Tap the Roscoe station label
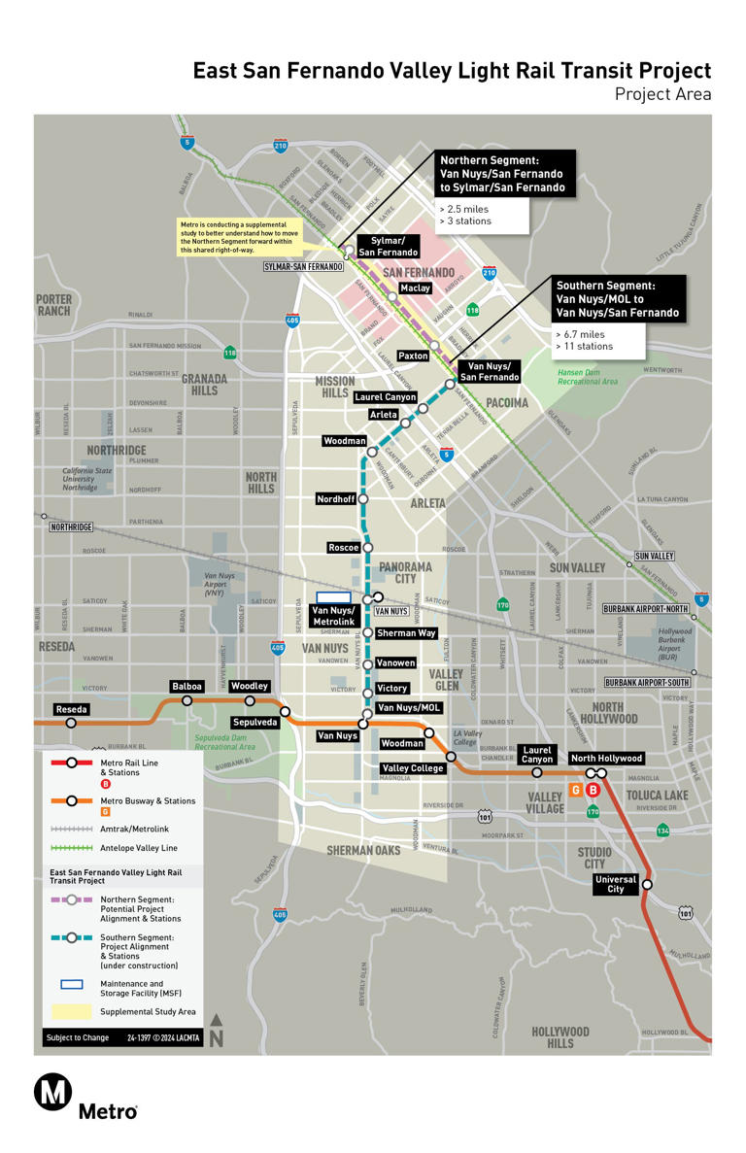coord(344,548)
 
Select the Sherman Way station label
coord(406,633)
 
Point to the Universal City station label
coord(616,884)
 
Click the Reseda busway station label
coord(71,710)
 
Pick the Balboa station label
coord(186,687)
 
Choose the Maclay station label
coord(415,288)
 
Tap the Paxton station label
coord(413,356)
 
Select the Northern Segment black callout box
coord(504,173)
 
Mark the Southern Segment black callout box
coord(619,299)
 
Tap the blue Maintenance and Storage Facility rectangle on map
coord(333,596)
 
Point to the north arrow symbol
coord(217,1031)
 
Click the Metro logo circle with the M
coord(52,1092)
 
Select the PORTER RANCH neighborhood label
coord(54,305)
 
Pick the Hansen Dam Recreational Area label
coord(587,377)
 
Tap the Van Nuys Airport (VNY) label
coord(220,583)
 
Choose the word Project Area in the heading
coord(662,94)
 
